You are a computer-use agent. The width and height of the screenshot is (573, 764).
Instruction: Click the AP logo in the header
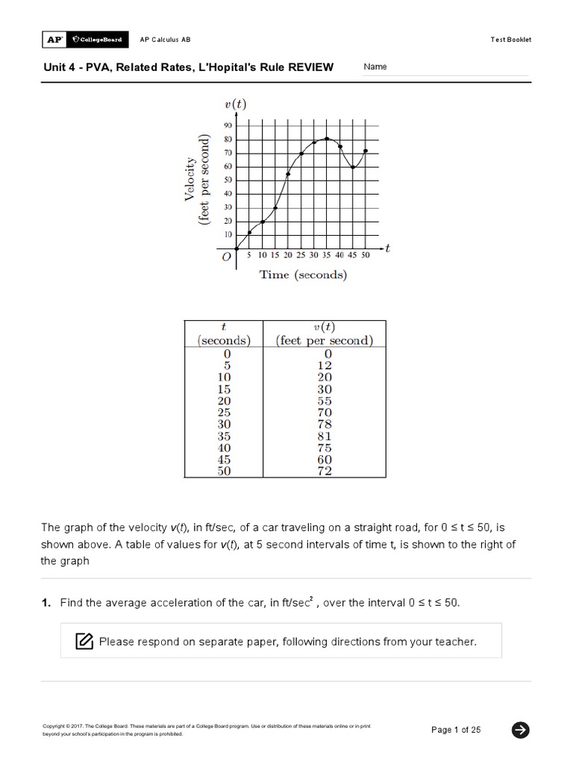[53, 39]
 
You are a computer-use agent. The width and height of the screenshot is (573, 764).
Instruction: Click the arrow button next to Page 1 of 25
[520, 730]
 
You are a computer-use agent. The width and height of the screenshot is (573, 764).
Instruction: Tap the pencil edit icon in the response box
[84, 641]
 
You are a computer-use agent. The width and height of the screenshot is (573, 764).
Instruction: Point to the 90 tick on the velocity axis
[228, 126]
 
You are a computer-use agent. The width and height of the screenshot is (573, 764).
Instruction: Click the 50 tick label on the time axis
[366, 255]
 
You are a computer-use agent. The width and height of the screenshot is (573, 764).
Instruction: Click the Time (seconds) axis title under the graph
[303, 275]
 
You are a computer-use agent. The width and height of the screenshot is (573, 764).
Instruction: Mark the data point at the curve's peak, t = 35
[326, 138]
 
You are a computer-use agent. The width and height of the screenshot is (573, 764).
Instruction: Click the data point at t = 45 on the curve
[353, 167]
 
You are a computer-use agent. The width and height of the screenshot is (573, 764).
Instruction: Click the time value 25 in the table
[224, 413]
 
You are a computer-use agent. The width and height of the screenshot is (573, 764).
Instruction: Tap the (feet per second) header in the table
[324, 341]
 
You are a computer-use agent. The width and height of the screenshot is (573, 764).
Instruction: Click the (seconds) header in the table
[224, 341]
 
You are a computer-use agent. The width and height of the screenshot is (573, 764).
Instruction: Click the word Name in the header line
[375, 67]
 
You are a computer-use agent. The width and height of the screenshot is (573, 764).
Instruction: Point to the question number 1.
[46, 603]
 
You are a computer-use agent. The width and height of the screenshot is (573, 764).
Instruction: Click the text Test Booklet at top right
[511, 40]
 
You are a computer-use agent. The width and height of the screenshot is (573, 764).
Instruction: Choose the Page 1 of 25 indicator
[456, 730]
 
